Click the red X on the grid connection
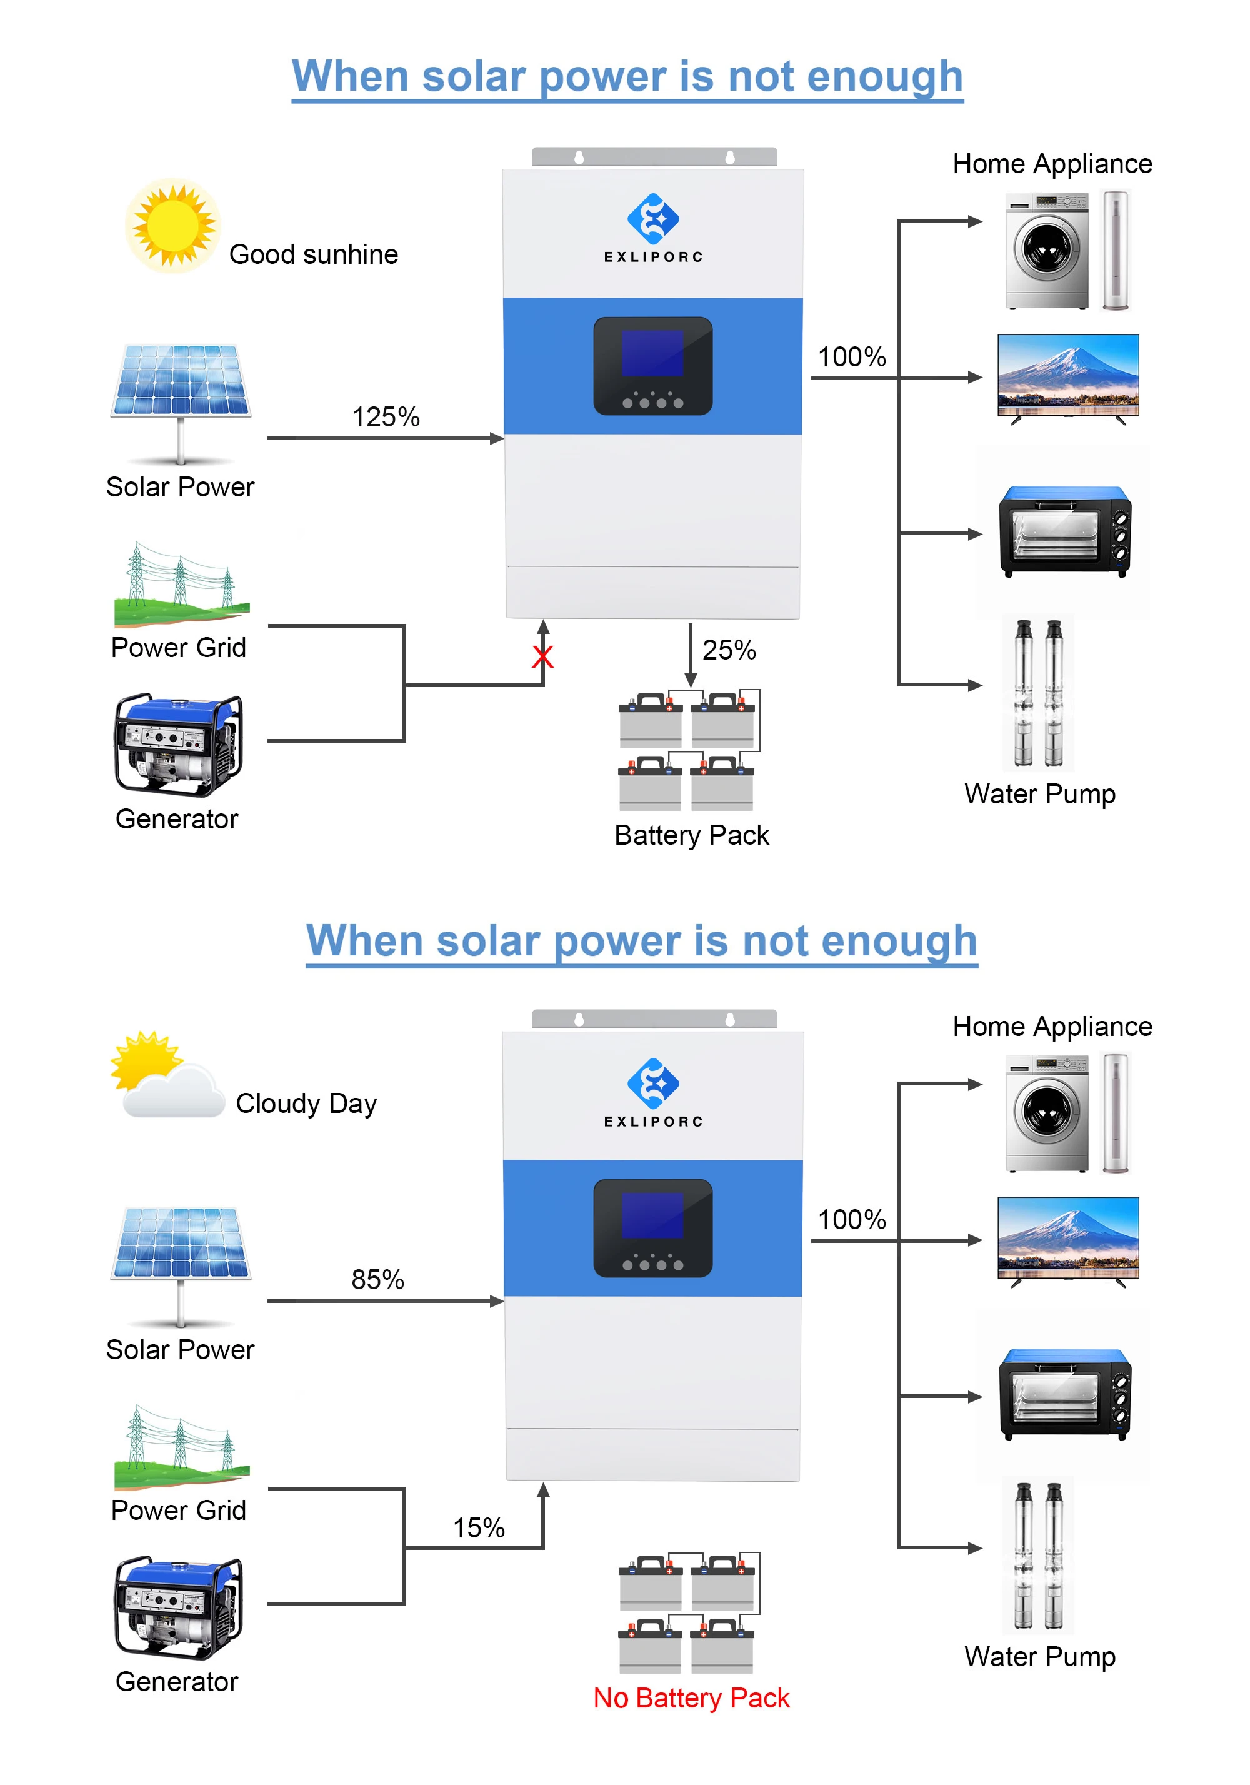click(x=542, y=657)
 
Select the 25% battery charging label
click(x=728, y=650)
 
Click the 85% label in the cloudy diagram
click(x=377, y=1279)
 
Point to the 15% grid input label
click(x=479, y=1527)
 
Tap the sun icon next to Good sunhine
click(x=172, y=226)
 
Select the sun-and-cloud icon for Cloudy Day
click(x=167, y=1077)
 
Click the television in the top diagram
click(x=1068, y=378)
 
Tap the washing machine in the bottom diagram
click(x=1046, y=1112)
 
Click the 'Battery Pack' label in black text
click(x=691, y=835)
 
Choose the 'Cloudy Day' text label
click(x=306, y=1103)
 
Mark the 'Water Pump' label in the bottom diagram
click(x=1039, y=1657)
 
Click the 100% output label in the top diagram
click(x=851, y=357)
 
